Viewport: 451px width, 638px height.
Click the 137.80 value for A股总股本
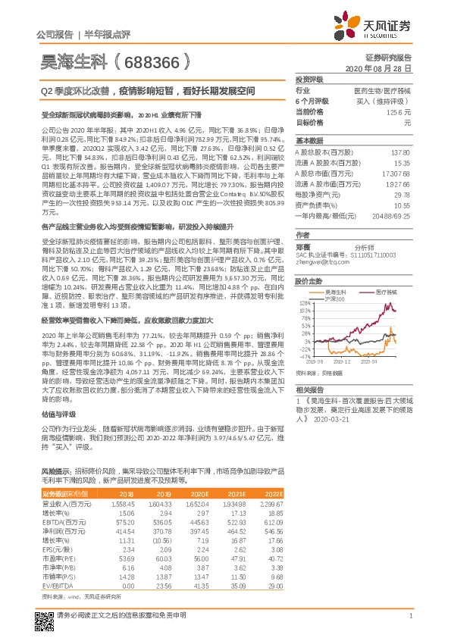(x=400, y=152)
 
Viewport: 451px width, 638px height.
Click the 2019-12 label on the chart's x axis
(x=344, y=362)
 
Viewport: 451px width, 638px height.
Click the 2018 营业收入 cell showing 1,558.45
(x=123, y=503)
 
